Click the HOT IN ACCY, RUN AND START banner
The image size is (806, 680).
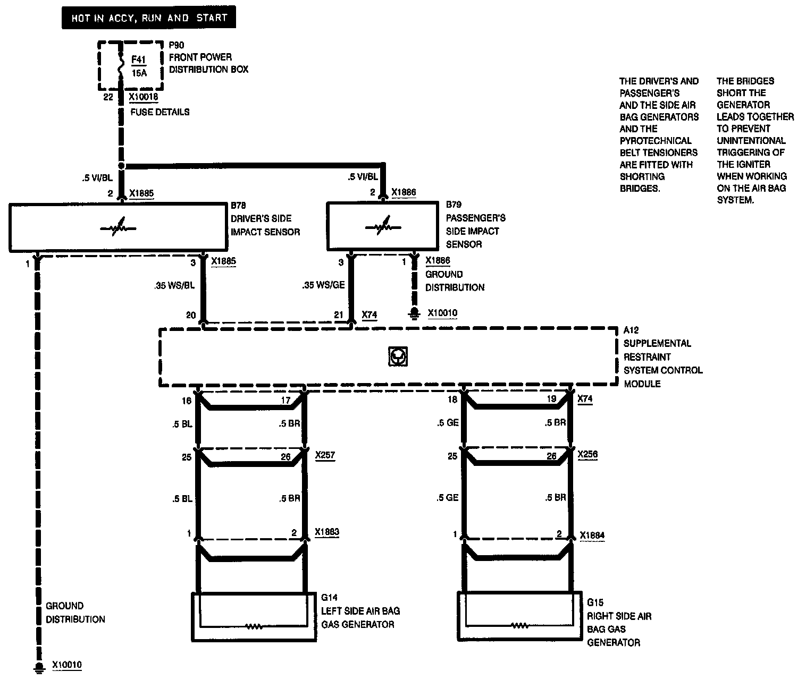tap(148, 18)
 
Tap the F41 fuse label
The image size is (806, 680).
tap(138, 59)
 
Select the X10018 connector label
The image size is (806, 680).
tap(143, 97)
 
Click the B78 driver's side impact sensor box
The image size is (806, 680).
tap(117, 227)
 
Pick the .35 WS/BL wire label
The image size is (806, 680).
tap(174, 285)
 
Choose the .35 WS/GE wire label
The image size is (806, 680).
tap(323, 285)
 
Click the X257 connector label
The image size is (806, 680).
tap(325, 455)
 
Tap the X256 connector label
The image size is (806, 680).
tap(587, 455)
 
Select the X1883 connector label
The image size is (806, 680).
tap(326, 532)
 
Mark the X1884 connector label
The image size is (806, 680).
tap(592, 535)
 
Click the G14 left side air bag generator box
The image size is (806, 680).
tap(254, 616)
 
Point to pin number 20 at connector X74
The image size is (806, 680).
tap(191, 315)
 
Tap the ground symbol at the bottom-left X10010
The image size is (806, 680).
tap(38, 667)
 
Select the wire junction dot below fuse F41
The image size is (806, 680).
tap(122, 166)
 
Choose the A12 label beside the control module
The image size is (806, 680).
tap(631, 330)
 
